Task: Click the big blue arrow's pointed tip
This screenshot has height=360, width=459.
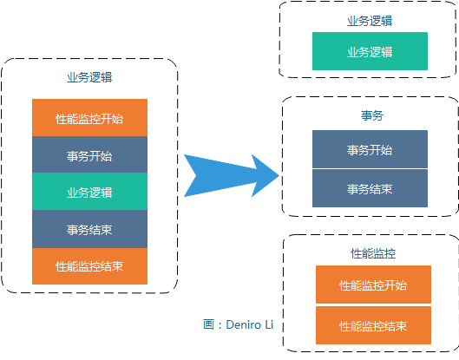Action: point(279,176)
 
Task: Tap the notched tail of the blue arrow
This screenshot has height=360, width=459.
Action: point(196,176)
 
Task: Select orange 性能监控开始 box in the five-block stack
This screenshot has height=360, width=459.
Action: point(89,118)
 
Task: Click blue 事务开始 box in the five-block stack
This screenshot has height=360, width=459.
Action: point(89,154)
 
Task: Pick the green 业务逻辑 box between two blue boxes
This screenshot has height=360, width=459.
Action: point(89,192)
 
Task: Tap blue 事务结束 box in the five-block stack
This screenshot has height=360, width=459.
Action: point(89,229)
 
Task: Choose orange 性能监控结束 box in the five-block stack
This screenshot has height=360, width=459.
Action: point(89,266)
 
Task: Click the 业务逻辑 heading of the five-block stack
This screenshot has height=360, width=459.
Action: point(89,77)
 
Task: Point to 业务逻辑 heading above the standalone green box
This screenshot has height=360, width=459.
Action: point(370,21)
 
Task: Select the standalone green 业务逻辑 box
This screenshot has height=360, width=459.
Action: point(370,51)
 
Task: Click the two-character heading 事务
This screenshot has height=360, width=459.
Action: point(372,115)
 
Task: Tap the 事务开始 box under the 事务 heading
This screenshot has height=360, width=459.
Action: point(370,149)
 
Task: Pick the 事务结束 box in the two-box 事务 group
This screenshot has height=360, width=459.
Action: point(370,188)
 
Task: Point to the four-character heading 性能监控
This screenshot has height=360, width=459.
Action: point(373,253)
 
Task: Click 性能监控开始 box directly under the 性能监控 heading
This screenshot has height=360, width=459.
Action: point(373,285)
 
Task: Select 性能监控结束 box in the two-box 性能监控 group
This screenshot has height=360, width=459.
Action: point(373,325)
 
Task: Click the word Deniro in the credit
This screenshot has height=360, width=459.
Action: point(244,325)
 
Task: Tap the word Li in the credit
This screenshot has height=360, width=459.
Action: point(269,325)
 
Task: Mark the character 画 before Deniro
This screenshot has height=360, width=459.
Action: point(209,324)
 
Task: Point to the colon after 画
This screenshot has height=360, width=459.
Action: point(220,325)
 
